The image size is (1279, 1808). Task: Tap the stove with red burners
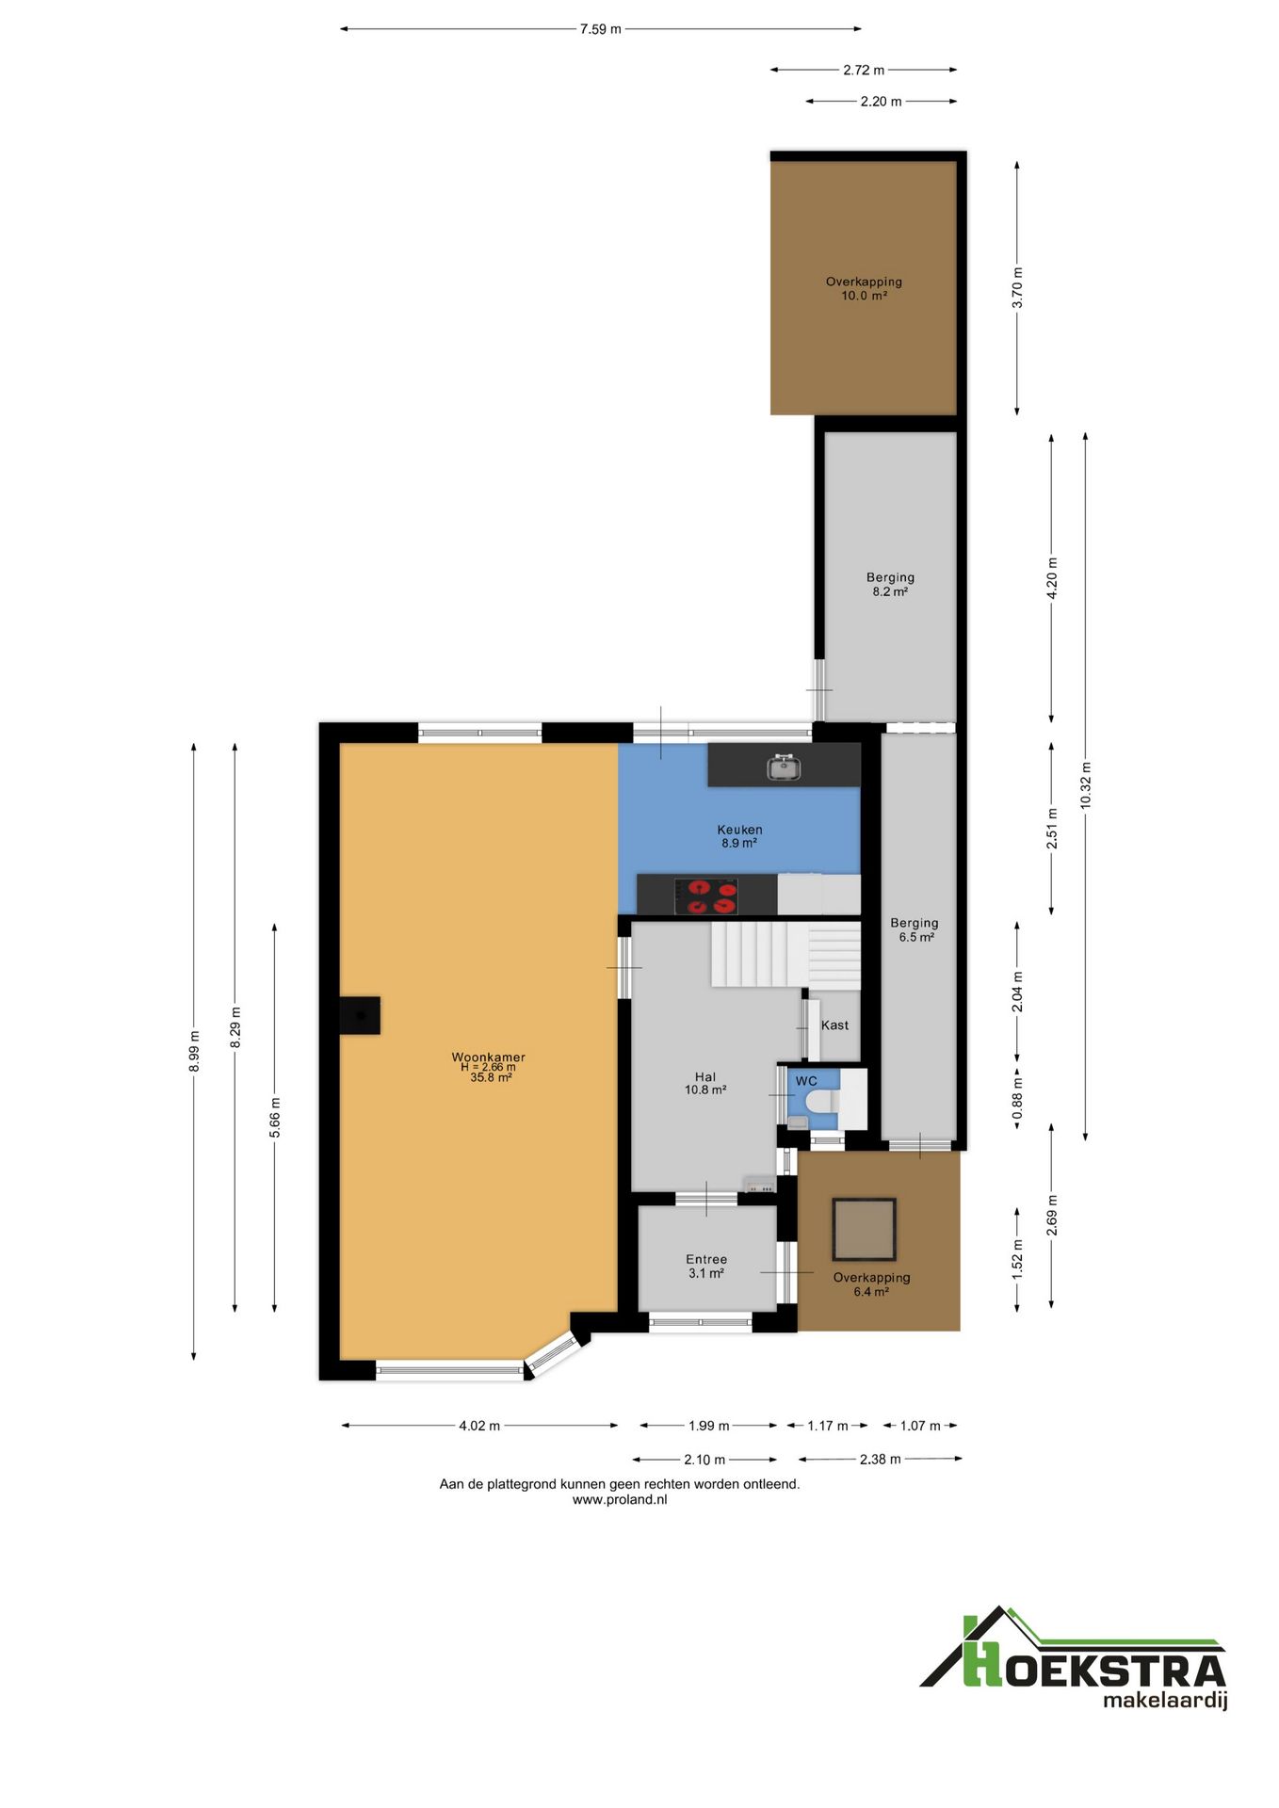706,896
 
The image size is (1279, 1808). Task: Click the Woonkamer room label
489,1057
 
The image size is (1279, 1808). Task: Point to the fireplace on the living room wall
360,1015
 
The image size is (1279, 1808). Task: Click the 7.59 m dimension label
601,29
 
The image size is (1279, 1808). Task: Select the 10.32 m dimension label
1085,785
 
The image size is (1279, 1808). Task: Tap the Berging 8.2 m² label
890,585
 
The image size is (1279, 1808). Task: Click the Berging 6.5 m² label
915,930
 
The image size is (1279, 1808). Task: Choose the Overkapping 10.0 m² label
864,288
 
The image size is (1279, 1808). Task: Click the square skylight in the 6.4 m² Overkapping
864,1229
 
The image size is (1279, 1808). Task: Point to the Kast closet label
834,1025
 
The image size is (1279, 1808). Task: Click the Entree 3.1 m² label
706,1267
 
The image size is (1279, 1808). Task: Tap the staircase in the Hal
785,954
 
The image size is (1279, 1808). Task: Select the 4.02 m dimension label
479,1426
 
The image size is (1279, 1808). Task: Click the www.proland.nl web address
620,1500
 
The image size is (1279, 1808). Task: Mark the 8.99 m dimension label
194,1051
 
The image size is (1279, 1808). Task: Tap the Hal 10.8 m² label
705,1084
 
